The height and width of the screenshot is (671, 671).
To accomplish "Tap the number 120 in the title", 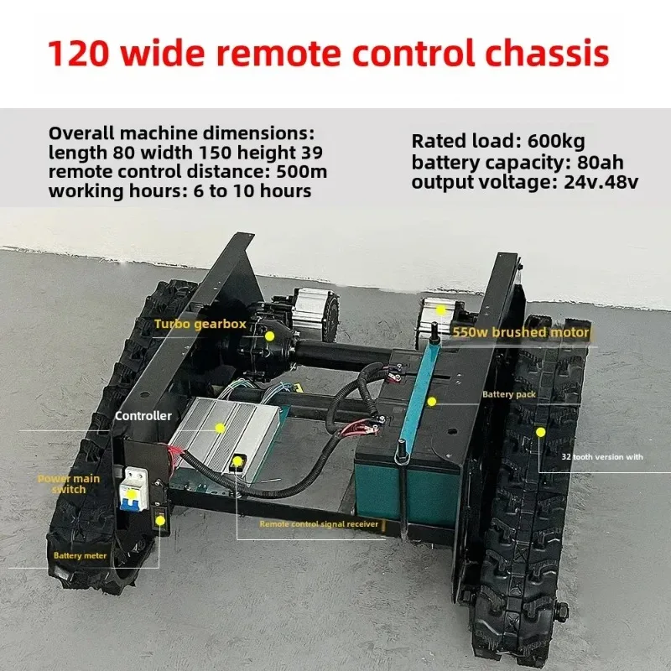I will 80,54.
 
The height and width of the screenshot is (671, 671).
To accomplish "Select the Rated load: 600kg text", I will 487,141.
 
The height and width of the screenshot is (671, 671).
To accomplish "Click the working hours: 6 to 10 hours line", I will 179,190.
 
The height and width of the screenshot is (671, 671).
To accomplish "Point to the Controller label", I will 143,415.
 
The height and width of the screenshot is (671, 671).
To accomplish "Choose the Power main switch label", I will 69,484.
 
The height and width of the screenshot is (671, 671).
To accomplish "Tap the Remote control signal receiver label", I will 319,524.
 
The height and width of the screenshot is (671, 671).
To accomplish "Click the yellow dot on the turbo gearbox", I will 269,335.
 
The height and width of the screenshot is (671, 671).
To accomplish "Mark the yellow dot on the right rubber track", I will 541,430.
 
